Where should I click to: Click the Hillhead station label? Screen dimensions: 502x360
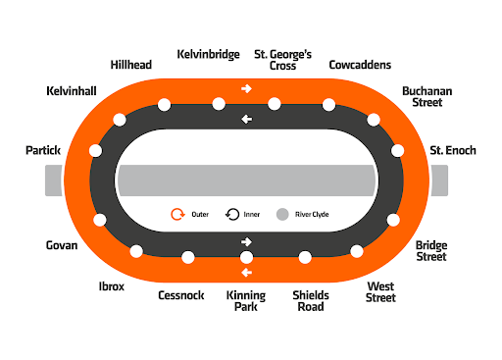(131, 65)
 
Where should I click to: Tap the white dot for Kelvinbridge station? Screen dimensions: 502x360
(219, 104)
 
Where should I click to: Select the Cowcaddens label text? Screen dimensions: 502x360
(360, 65)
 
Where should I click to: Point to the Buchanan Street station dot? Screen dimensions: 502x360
(374, 120)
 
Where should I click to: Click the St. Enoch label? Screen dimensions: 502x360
(453, 150)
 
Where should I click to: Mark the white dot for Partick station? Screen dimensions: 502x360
(95, 151)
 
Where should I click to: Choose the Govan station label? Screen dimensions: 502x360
(62, 245)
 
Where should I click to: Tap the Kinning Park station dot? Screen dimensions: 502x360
(246, 257)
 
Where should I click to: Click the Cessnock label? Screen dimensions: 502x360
(181, 295)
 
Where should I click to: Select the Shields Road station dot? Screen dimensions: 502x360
(305, 257)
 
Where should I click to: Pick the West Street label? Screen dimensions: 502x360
(380, 292)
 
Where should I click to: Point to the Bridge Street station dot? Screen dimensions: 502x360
(393, 220)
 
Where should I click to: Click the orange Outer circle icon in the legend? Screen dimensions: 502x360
(177, 214)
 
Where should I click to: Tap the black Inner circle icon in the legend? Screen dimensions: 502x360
(232, 214)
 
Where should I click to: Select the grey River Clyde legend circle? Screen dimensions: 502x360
(282, 214)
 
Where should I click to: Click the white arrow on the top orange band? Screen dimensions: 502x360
(246, 88)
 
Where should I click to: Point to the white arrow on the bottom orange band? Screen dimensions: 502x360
(246, 273)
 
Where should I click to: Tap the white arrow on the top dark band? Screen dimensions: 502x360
(246, 120)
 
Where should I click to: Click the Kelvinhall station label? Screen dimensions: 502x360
(72, 91)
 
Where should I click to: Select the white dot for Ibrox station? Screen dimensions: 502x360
(136, 251)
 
